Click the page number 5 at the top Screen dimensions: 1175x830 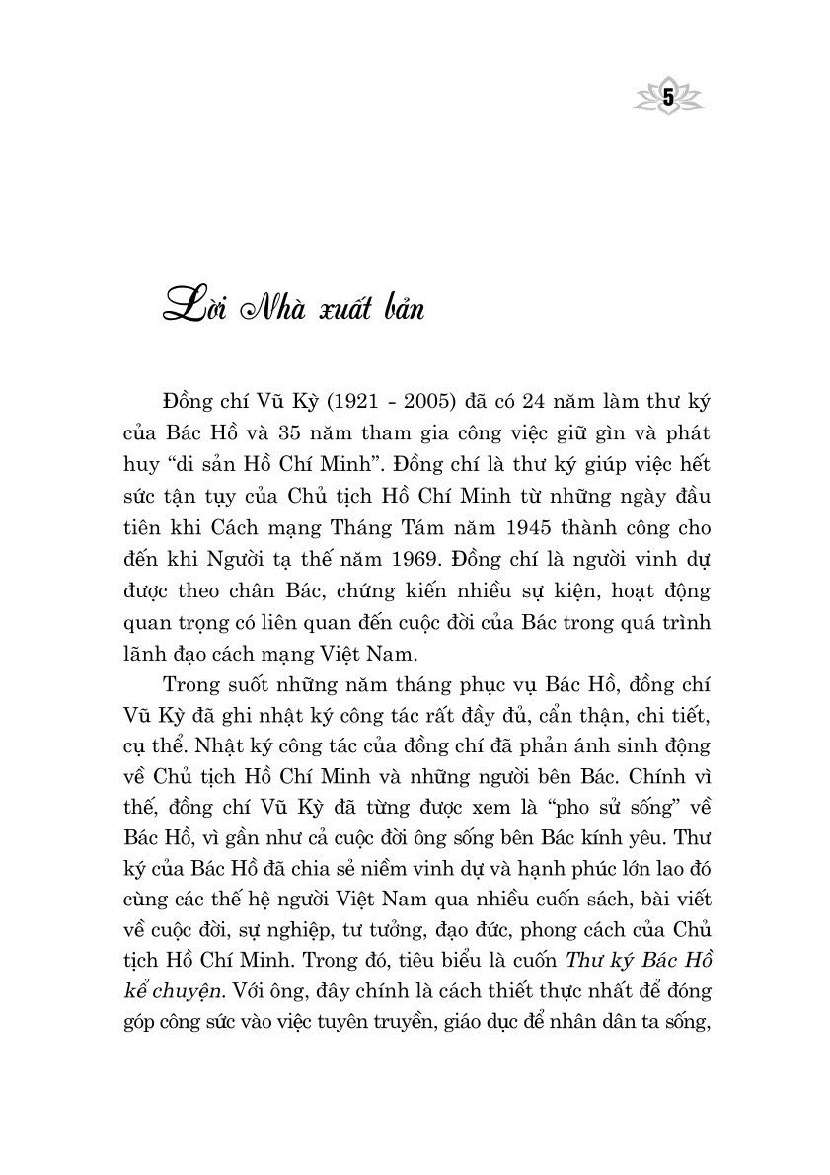click(667, 97)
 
